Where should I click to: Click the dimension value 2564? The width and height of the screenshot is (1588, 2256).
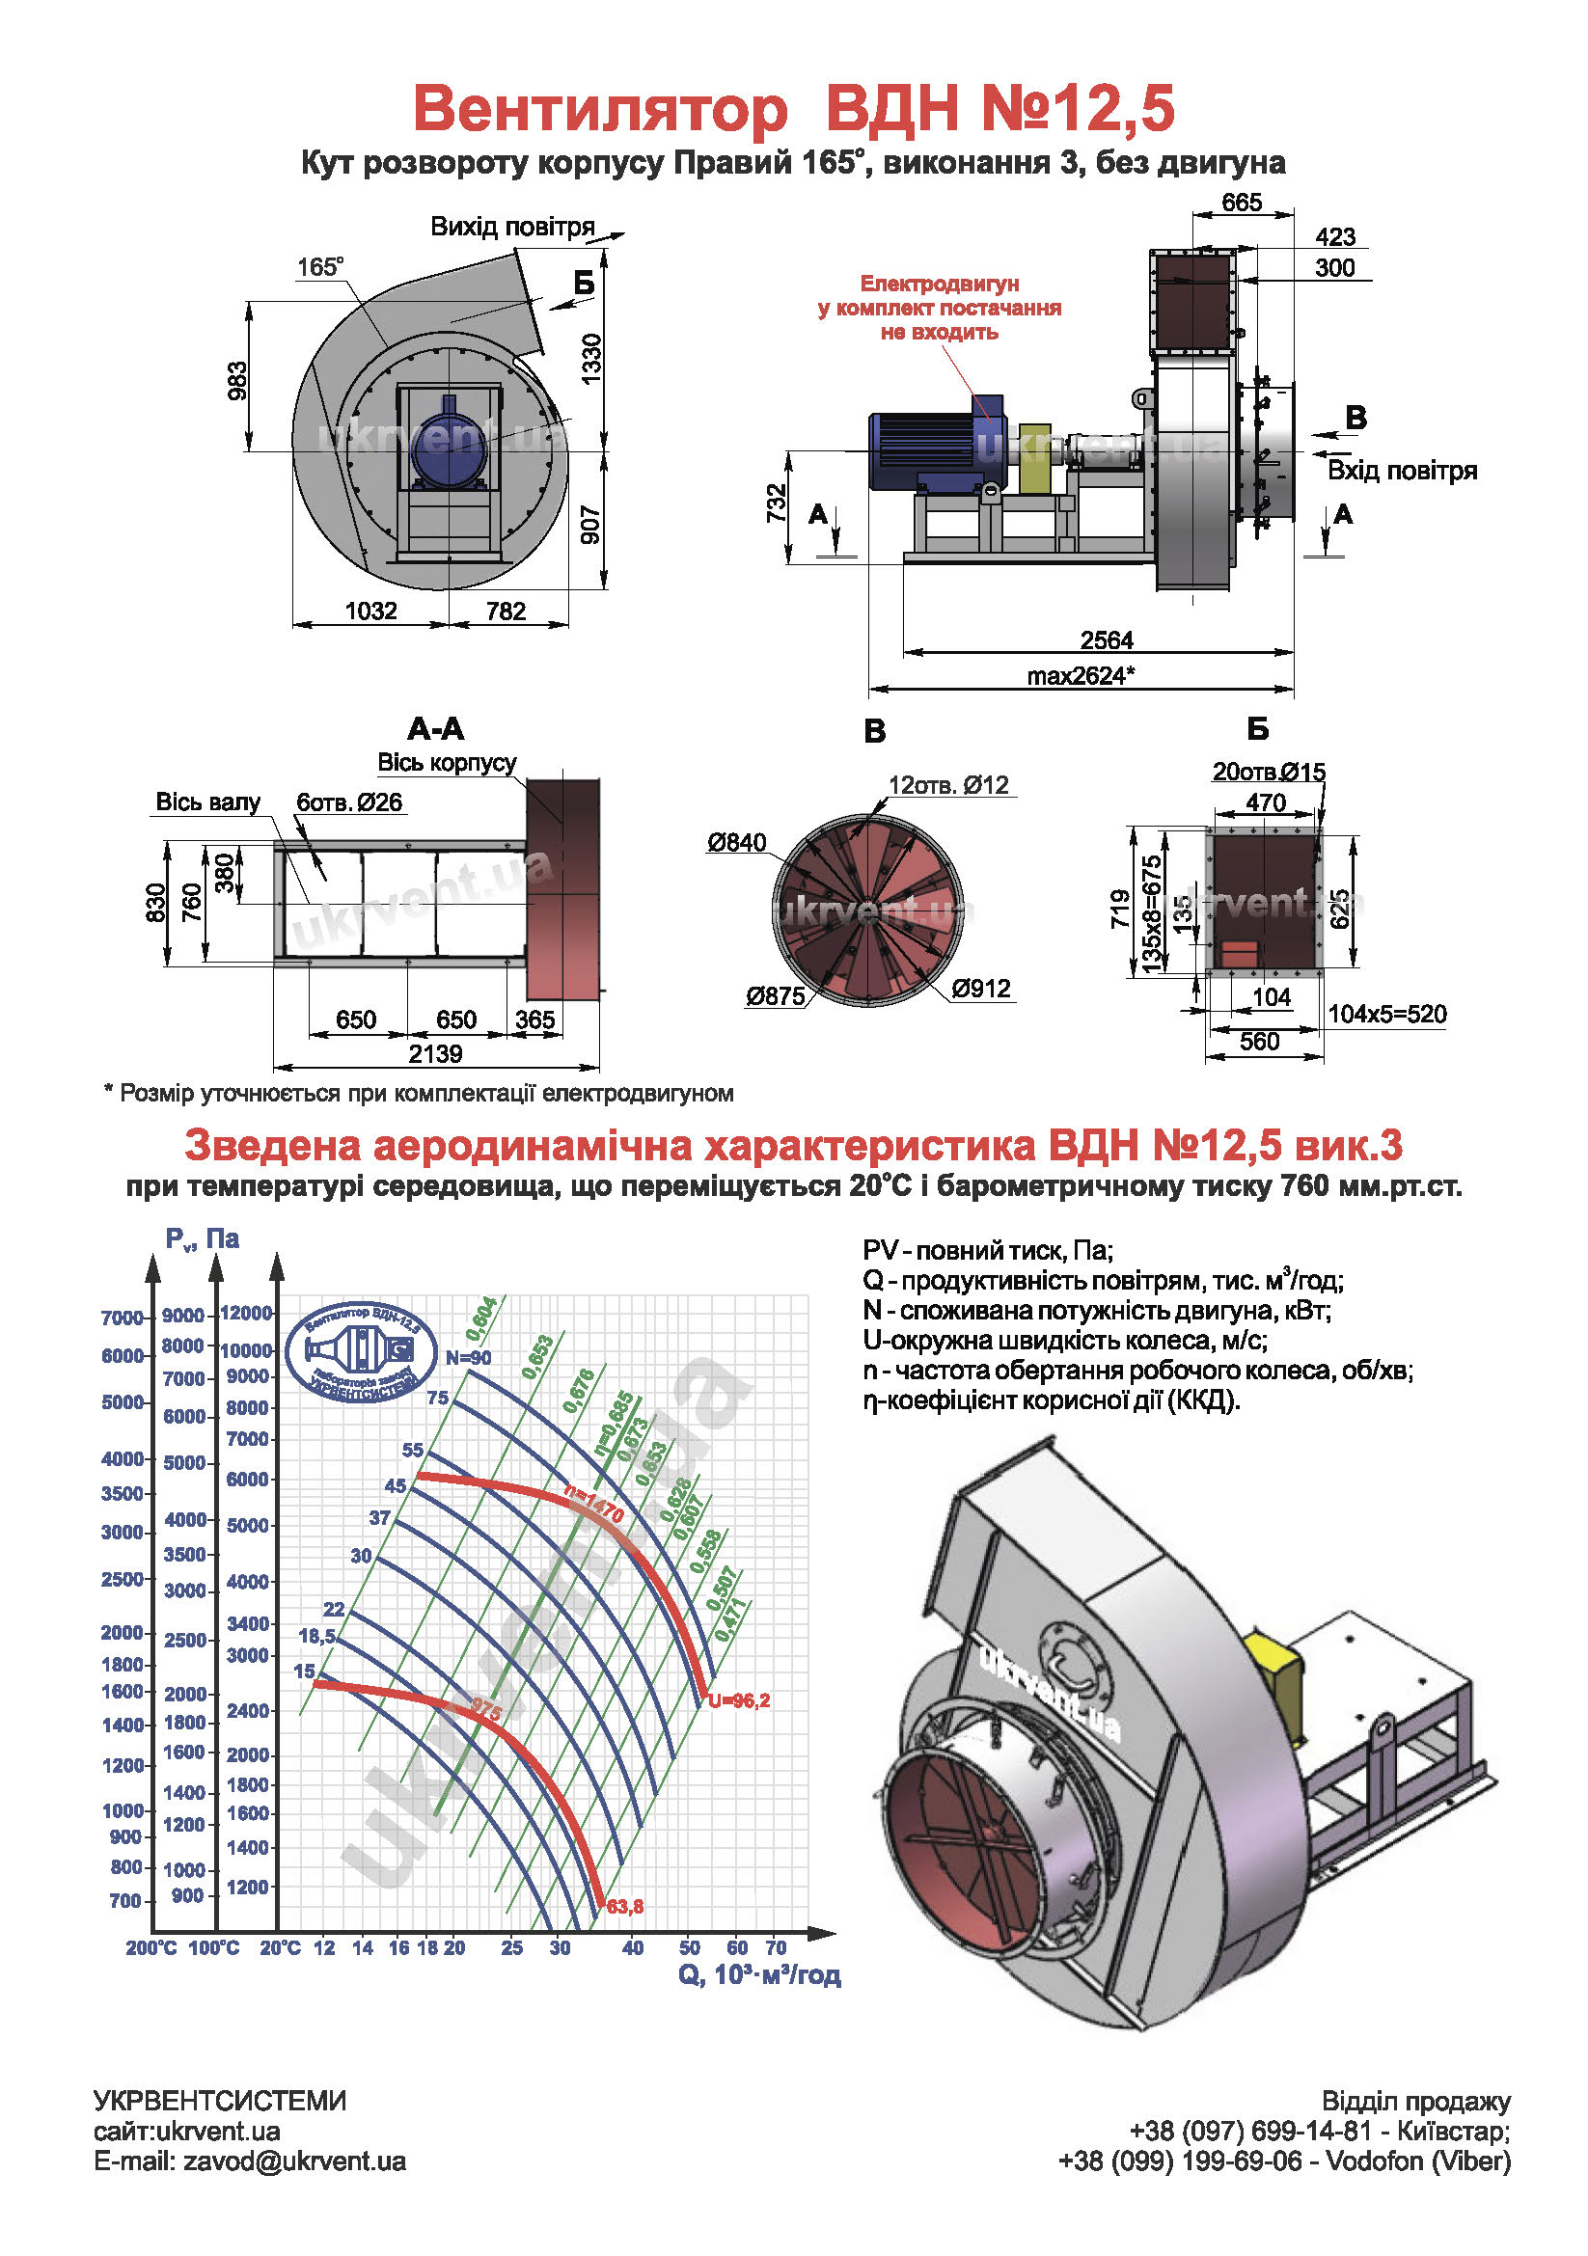tap(1106, 640)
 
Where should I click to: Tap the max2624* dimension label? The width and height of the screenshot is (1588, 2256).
tap(1080, 676)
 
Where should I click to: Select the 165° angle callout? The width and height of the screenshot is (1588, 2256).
tap(320, 267)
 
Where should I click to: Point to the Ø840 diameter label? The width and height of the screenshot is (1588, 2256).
tap(736, 842)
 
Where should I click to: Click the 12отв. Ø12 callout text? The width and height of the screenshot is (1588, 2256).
tap(947, 785)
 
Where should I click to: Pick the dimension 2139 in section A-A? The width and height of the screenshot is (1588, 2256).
tap(435, 1054)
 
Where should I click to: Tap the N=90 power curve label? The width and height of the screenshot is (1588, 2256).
tap(469, 1358)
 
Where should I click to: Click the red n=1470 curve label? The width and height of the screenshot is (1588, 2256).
tap(593, 1505)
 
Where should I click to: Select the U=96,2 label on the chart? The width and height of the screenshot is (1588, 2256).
tap(739, 1700)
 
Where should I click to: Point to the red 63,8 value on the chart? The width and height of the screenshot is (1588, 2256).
tap(625, 1907)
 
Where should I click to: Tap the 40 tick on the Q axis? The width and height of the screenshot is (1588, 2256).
tap(633, 1947)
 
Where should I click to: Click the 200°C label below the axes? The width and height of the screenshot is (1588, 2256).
tap(151, 1947)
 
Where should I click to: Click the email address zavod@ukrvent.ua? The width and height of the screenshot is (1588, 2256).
tap(250, 2161)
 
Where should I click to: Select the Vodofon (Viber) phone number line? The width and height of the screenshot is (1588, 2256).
tap(1283, 2161)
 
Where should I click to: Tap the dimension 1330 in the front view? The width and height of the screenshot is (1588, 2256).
tap(590, 359)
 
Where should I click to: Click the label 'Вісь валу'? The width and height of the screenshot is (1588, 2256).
tap(207, 802)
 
